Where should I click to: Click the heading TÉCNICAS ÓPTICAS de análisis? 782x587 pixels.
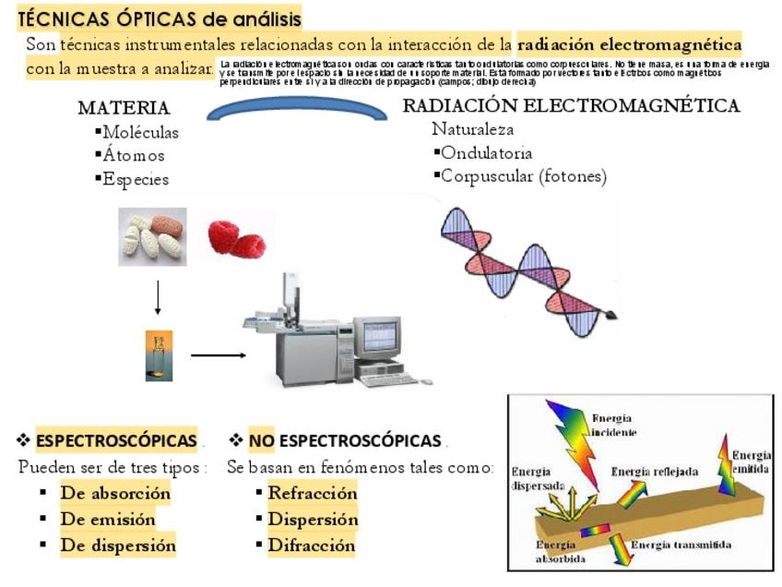(160, 18)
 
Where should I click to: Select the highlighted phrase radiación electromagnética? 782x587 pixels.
(630, 44)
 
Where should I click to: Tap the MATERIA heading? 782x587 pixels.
(124, 108)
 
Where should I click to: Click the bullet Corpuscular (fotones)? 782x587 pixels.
(523, 176)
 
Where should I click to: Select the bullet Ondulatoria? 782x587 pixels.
(486, 153)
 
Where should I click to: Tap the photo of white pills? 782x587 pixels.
(152, 237)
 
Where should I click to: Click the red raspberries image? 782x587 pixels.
(236, 238)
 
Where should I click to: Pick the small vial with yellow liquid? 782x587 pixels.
(158, 355)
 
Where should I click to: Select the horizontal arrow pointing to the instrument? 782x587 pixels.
(219, 354)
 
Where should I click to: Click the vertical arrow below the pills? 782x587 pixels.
(158, 297)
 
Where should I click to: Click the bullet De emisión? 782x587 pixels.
(108, 519)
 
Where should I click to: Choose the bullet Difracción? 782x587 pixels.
(311, 545)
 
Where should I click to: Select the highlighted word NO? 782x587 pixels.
(262, 441)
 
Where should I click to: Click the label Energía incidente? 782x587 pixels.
(612, 425)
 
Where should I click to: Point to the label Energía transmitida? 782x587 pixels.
(681, 545)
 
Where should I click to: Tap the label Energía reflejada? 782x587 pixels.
(655, 473)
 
